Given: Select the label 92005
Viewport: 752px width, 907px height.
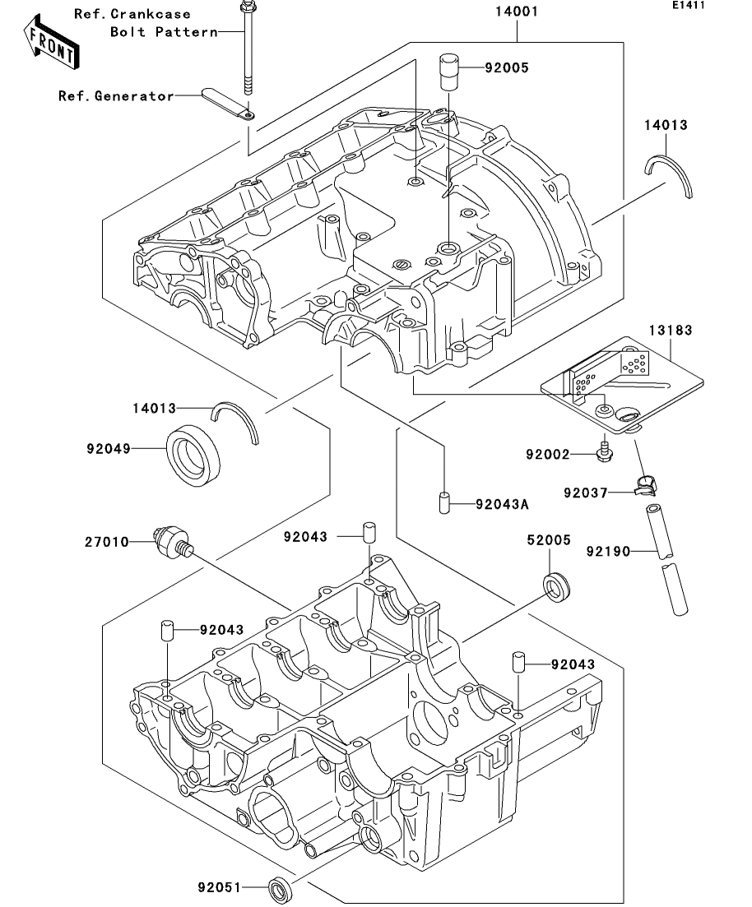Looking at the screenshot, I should (506, 68).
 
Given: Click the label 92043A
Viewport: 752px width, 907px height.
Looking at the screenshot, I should (501, 504).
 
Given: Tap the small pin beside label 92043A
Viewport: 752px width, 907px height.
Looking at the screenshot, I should (443, 503).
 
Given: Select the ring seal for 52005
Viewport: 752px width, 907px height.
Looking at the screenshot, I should (556, 584).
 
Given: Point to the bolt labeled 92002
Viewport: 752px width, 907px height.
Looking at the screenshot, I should (603, 451).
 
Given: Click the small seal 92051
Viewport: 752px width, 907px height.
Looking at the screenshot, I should (281, 888).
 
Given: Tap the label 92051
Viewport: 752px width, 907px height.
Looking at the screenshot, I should (219, 888).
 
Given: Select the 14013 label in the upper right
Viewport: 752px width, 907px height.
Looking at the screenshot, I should (666, 125).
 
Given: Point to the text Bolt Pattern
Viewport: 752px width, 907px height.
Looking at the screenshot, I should (164, 32).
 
